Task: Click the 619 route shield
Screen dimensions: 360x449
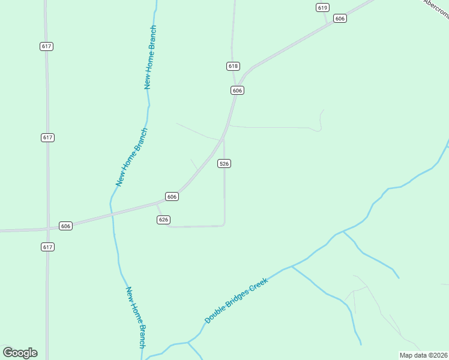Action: (x=323, y=7)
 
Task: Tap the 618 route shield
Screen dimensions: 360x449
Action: (x=234, y=66)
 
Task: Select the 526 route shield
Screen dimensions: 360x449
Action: (x=224, y=163)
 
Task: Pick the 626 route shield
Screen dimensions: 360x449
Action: (x=163, y=220)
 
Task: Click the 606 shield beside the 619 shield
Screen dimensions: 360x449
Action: (x=340, y=19)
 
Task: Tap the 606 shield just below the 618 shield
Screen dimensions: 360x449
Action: (x=237, y=90)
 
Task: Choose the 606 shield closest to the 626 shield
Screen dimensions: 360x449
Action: (x=172, y=197)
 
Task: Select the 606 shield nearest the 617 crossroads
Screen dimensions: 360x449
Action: (x=66, y=226)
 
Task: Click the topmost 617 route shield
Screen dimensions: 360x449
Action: (x=47, y=46)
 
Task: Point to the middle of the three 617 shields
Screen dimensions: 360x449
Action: (x=48, y=137)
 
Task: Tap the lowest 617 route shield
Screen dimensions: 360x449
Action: (x=48, y=247)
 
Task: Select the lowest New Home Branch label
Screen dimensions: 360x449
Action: (x=136, y=317)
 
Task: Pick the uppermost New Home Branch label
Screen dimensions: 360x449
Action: (x=151, y=57)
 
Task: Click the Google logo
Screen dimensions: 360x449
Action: (x=20, y=353)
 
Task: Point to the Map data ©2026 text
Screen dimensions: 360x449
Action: (x=424, y=355)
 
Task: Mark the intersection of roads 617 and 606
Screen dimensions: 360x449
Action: (x=47, y=228)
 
